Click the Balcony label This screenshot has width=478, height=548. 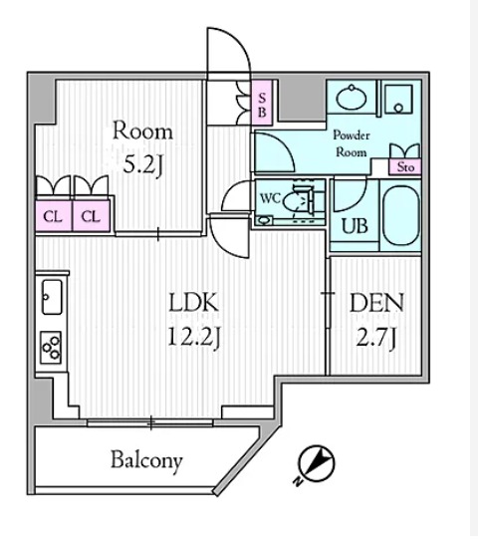pos(146,461)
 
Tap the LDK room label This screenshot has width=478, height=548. pos(194,303)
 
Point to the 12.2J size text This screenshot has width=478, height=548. pos(194,337)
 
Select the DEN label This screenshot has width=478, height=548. pos(376,303)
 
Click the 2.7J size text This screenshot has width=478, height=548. pos(376,337)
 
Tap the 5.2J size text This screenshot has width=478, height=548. pos(143,166)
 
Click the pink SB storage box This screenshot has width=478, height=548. pos(262,103)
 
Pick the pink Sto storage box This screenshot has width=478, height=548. pos(405,166)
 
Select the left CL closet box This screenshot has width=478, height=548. pos(54,216)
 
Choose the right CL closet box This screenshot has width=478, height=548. pos(92,216)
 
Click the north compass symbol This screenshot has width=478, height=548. pos(317,464)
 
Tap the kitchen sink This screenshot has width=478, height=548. pos(52,297)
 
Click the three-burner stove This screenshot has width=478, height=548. pos(51,348)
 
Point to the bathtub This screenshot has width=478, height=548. pos(400,215)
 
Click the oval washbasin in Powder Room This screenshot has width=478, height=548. pos(351,98)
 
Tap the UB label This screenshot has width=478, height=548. pos(355,226)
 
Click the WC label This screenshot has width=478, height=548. pos(270,198)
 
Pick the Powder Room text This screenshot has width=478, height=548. pos(352,143)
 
